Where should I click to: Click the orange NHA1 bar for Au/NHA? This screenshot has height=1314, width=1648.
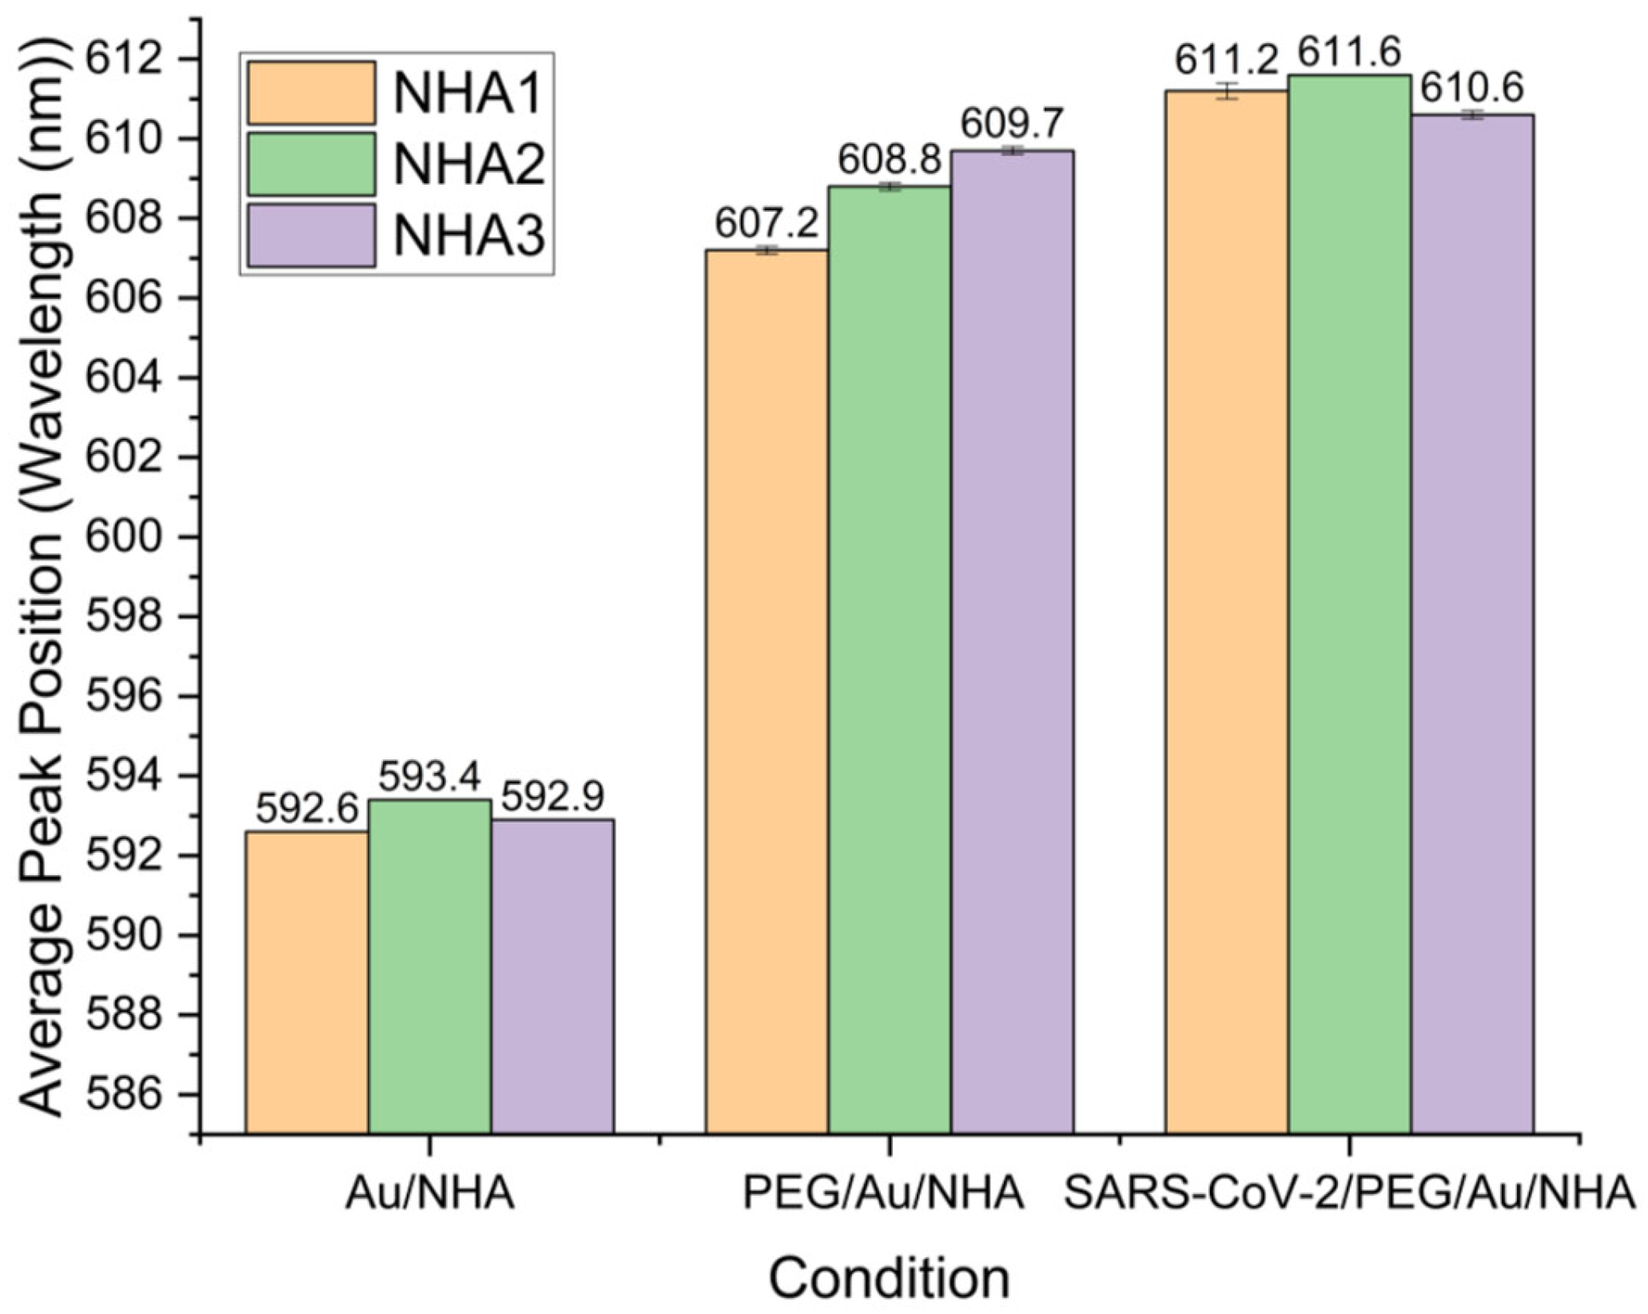pos(307,982)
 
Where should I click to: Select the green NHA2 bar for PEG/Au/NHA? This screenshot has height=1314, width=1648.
pos(890,660)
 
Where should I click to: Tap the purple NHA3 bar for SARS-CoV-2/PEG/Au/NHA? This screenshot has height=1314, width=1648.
pos(1472,624)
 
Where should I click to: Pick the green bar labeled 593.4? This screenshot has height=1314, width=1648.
pos(430,966)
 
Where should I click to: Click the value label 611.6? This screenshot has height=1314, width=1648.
pos(1349,53)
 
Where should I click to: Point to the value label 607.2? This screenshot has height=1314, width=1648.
pos(766,224)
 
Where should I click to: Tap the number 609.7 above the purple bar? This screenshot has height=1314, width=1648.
pos(1012,124)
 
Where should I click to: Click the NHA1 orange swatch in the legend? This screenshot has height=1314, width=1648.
pos(311,93)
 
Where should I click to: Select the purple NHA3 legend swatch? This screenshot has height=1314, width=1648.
pos(311,235)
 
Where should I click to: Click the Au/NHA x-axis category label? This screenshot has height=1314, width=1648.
pos(430,1195)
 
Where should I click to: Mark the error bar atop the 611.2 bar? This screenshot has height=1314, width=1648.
pos(1227,90)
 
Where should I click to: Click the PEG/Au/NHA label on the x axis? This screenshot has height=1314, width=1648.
pos(883,1195)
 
